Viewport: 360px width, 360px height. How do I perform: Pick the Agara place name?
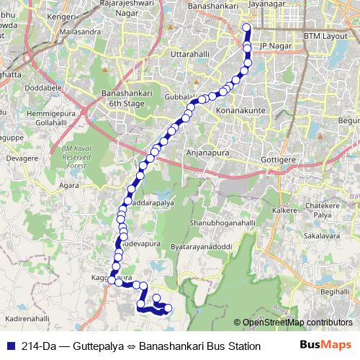[70, 185]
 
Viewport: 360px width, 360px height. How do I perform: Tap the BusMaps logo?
[325, 346]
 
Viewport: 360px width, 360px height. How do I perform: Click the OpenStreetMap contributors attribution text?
[297, 322]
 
